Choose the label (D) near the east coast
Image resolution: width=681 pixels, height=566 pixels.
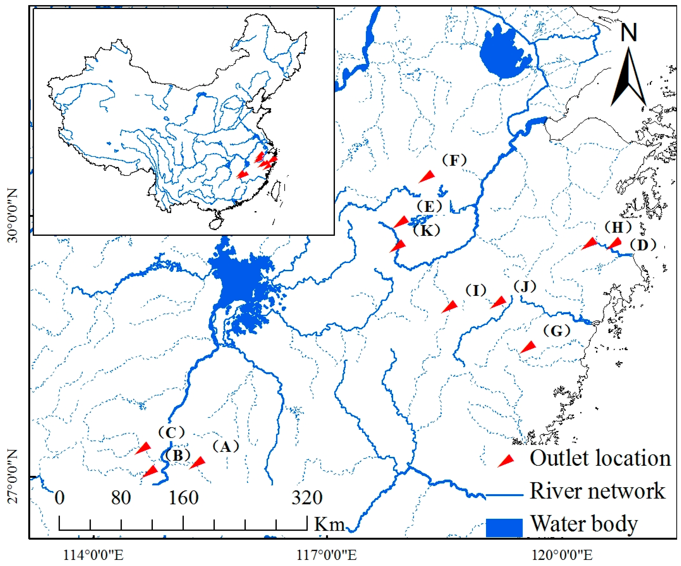click(x=643, y=245)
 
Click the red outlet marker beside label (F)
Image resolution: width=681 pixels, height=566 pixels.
click(x=427, y=176)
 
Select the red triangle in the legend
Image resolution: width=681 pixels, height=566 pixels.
click(x=506, y=461)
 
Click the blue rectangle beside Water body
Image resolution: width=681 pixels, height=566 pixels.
click(x=504, y=527)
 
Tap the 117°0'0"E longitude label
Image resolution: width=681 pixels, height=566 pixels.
click(x=327, y=555)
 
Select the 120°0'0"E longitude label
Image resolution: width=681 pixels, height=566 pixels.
click(x=562, y=555)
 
